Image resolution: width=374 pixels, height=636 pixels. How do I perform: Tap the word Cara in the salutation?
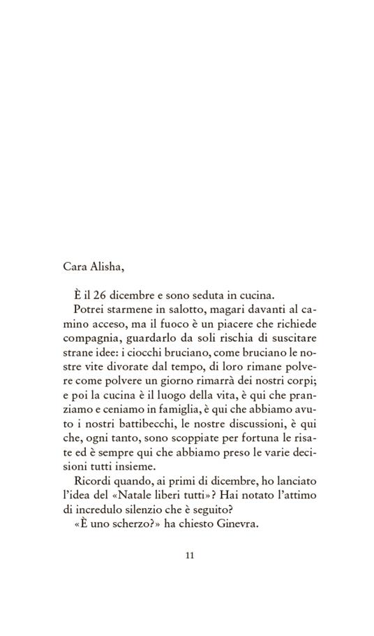pos(75,266)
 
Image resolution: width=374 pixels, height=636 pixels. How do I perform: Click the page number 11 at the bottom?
pos(189,556)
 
